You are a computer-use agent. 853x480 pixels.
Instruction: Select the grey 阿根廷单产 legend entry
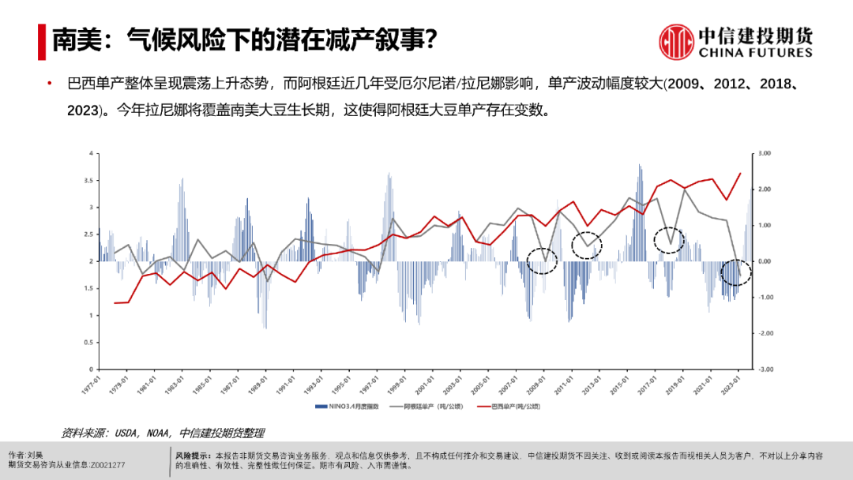426,407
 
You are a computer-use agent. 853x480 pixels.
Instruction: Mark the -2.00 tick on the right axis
765,333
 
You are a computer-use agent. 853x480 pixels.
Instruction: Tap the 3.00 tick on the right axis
765,153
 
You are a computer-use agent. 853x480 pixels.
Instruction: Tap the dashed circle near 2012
587,246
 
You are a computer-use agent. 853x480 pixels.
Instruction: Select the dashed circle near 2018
670,240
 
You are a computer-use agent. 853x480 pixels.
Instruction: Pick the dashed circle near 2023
736,272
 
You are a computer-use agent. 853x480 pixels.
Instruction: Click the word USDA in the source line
129,433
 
